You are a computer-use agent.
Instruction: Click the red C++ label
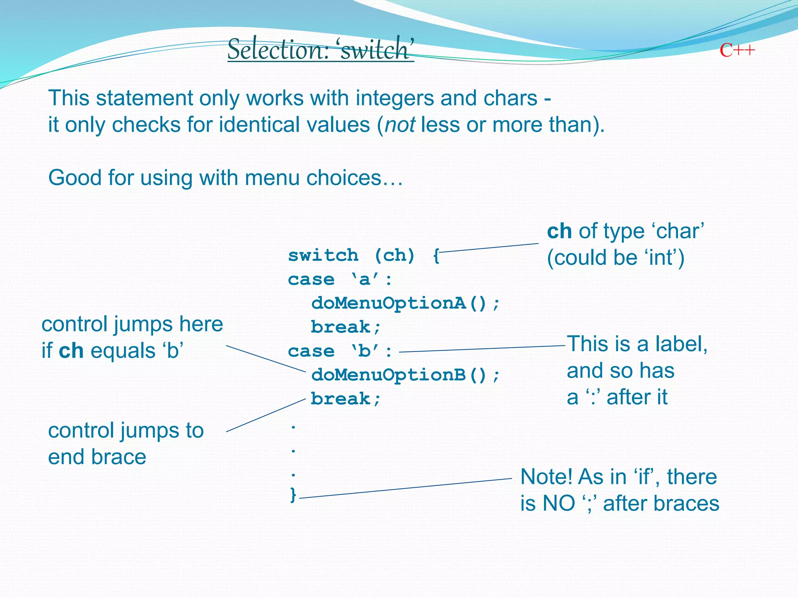coord(737,50)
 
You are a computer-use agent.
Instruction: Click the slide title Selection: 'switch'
coord(320,49)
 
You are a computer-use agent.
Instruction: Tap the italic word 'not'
coord(400,125)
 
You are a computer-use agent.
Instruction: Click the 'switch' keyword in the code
coord(323,255)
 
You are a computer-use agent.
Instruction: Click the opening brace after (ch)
coord(436,256)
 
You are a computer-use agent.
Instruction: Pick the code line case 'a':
coord(340,280)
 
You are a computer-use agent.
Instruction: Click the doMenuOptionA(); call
coord(405,303)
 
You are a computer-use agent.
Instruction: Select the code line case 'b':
coord(340,351)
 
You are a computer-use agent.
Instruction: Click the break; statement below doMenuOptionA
coord(345,327)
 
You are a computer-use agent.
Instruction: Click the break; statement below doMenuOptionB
coord(345,399)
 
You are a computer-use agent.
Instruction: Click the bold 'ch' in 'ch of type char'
coord(559,231)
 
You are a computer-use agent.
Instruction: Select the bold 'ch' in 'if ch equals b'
coord(71,351)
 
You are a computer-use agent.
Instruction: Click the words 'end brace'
coord(97,457)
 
